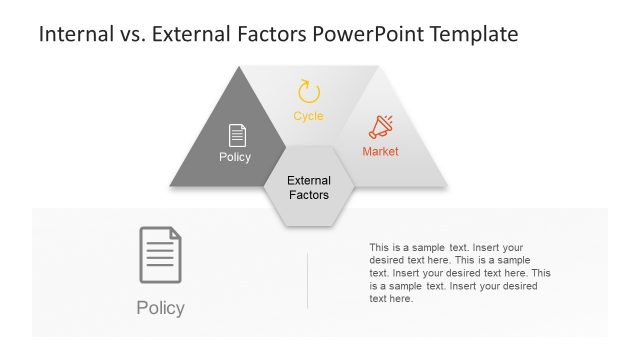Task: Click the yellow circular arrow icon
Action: tap(309, 93)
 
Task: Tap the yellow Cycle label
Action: tap(308, 117)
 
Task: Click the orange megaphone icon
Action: tap(380, 127)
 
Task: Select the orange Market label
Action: tap(380, 152)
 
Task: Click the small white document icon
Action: tap(236, 135)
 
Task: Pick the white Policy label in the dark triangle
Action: tap(235, 157)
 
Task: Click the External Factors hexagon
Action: tap(308, 187)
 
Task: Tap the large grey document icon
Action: tap(160, 255)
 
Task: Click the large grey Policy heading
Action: tap(160, 308)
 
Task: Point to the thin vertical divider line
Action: tap(307, 280)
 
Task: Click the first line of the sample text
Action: tap(446, 247)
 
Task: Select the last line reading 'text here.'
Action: tap(390, 299)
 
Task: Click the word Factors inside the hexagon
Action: tap(308, 195)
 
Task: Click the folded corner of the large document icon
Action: tap(175, 234)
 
